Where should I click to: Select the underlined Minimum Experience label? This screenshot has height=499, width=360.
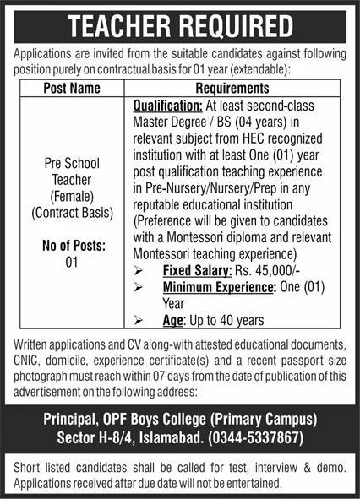coord(219,288)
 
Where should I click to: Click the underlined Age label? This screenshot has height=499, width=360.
coord(174,320)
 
